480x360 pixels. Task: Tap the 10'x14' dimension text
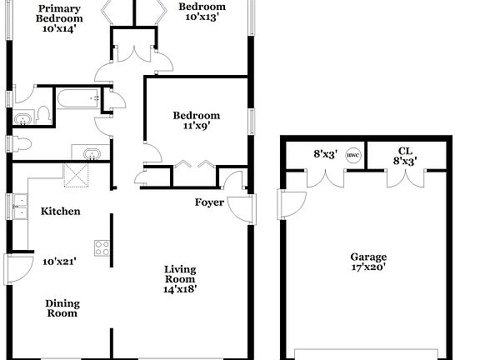click(x=59, y=29)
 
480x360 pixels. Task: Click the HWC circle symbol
click(x=352, y=154)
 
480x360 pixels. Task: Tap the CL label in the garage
click(x=406, y=150)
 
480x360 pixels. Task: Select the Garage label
click(x=367, y=257)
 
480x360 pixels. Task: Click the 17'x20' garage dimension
click(x=367, y=268)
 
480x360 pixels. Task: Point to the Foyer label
click(x=209, y=202)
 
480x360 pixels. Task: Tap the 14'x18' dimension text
click(x=179, y=289)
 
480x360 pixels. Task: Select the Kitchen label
click(x=60, y=212)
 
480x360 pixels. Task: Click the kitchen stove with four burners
click(x=102, y=247)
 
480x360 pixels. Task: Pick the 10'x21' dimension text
click(x=59, y=262)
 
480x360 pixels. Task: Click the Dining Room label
click(x=62, y=308)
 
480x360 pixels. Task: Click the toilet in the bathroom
click(x=23, y=117)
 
